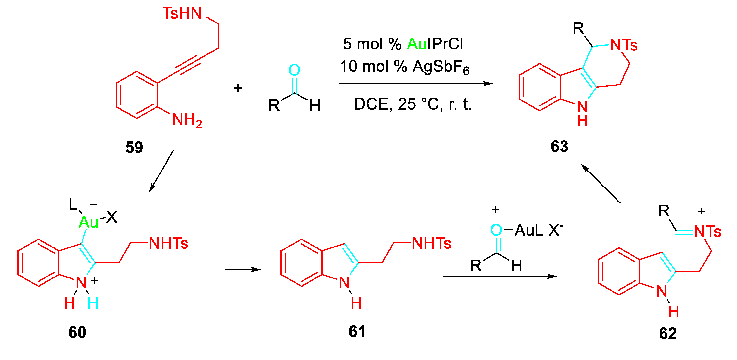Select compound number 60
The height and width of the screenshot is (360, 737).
(x=77, y=332)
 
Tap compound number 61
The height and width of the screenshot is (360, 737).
(x=357, y=331)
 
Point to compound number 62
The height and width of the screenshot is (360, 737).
(x=668, y=333)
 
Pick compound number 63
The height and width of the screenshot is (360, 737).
(x=559, y=146)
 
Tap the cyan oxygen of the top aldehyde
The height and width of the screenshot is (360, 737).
(x=294, y=70)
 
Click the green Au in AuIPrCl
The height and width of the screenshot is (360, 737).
(x=417, y=44)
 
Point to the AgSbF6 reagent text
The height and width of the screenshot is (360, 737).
(x=441, y=67)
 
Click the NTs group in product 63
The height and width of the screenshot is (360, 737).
(x=624, y=45)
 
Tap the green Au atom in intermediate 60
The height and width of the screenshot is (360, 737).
(x=88, y=222)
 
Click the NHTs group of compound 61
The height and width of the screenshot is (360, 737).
(x=431, y=243)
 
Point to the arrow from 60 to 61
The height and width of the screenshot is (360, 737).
(x=243, y=269)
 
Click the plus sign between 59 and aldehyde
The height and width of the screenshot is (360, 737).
(x=238, y=88)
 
